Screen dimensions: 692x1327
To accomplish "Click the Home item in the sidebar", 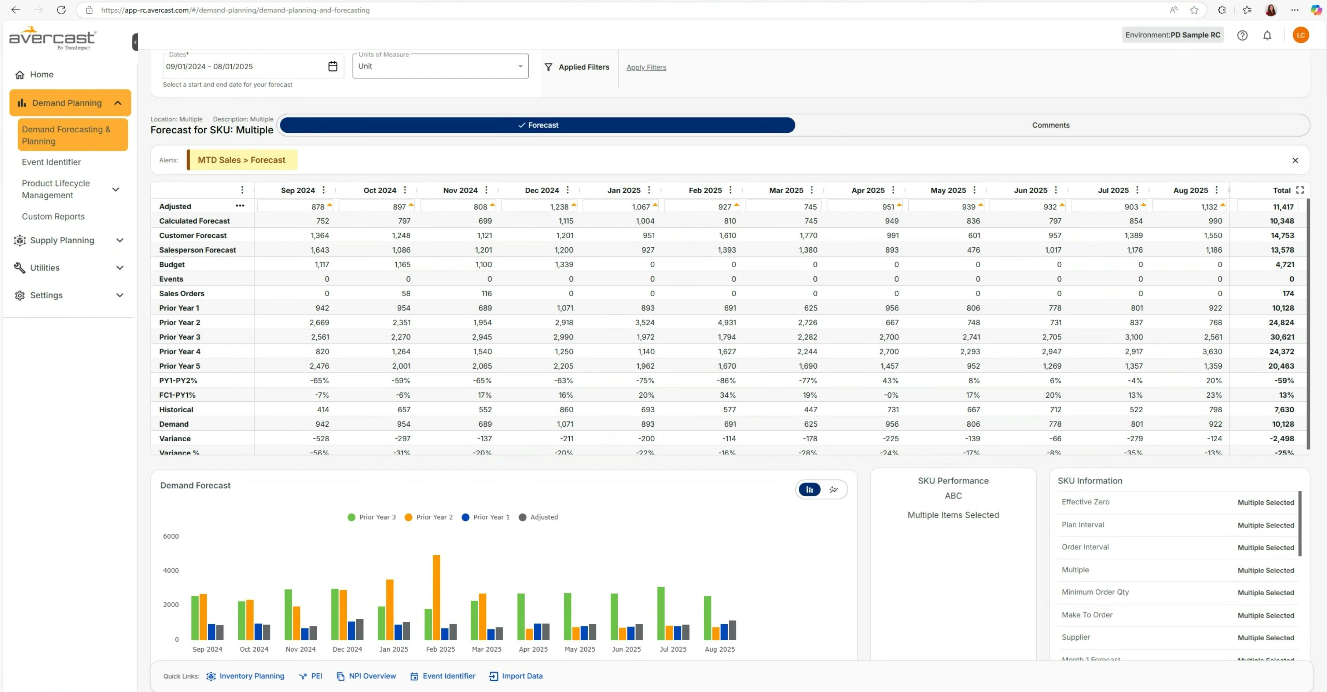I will [x=41, y=75].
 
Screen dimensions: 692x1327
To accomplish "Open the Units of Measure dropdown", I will [x=440, y=66].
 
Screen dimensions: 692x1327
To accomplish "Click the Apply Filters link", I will [x=646, y=67].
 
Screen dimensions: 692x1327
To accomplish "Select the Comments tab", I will [x=1050, y=125].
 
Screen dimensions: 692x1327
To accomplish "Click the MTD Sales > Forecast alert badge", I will [x=242, y=160].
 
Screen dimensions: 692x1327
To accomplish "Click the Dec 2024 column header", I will [x=541, y=191].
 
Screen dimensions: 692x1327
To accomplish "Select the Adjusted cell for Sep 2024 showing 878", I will [x=295, y=206].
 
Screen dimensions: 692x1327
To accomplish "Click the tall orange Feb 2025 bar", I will [x=436, y=597].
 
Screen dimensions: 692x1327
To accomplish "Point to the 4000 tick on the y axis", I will [x=170, y=570].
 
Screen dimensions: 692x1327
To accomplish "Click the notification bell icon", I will [x=1267, y=35].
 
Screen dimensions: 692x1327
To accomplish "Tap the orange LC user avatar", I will [x=1300, y=35].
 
